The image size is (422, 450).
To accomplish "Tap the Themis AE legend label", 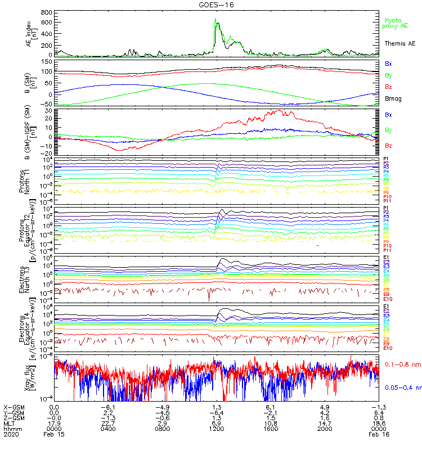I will point(400,43).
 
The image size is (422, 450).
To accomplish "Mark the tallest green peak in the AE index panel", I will point(216,19).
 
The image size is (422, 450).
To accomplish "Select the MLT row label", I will point(10,423).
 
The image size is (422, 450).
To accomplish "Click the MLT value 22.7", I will point(109,423).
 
